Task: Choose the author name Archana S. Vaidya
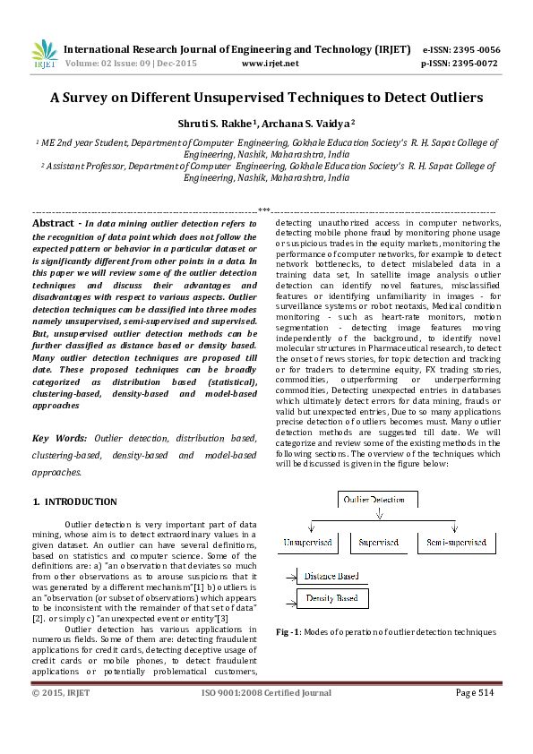click(x=292, y=123)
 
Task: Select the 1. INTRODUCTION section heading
click(x=74, y=502)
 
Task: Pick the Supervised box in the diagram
click(x=378, y=543)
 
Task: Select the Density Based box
click(x=332, y=598)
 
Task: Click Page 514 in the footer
click(x=475, y=692)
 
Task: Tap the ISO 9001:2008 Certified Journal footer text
click(x=266, y=692)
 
